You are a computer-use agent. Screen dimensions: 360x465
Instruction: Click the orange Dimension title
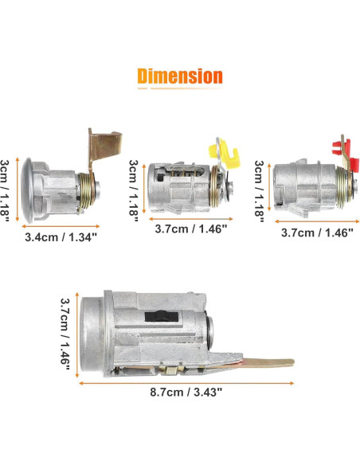coord(180,76)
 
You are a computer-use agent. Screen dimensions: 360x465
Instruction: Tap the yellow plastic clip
coord(226,154)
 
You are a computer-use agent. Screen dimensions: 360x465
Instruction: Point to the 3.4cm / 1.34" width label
coord(61,237)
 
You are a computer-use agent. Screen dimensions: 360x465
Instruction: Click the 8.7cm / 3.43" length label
coord(186,392)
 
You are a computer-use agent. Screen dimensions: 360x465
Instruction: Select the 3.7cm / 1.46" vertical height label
coord(65,334)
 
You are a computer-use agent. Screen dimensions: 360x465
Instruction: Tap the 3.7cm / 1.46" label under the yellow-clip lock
coord(190,229)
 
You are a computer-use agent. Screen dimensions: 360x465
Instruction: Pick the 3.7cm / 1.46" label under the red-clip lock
coord(317,232)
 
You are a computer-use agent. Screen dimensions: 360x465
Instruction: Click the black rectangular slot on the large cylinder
coord(162,316)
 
